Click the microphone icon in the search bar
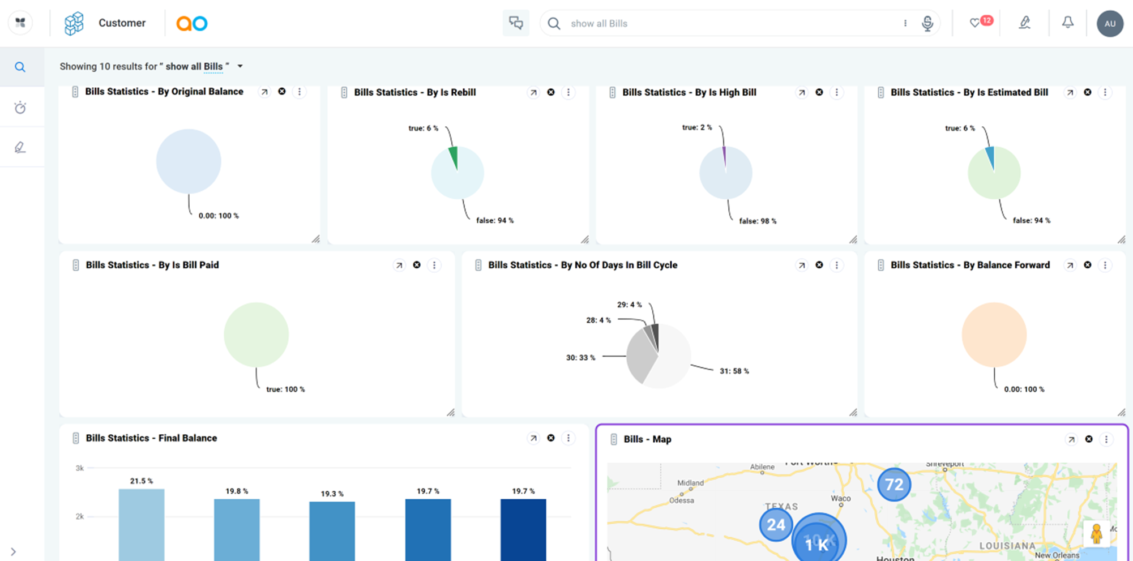(x=927, y=23)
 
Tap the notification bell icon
(x=1067, y=23)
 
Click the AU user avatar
(x=1110, y=24)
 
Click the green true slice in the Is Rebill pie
(x=454, y=157)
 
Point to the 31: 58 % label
(x=734, y=371)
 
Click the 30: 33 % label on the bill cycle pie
(x=580, y=358)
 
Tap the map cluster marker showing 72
(x=894, y=485)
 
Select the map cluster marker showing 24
(x=775, y=525)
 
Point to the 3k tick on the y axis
(x=80, y=468)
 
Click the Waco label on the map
(x=841, y=499)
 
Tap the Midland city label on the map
(x=690, y=483)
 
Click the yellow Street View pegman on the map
(x=1096, y=533)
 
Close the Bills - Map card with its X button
(x=1088, y=439)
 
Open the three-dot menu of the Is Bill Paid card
(x=434, y=265)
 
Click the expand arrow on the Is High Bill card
(x=801, y=92)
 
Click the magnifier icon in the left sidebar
(x=20, y=67)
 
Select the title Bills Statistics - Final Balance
(x=151, y=438)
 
